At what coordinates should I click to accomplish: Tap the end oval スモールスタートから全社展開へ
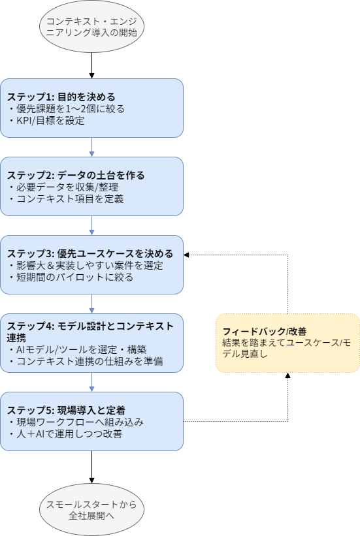tap(91, 509)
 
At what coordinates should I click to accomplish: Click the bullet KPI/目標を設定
tap(46, 120)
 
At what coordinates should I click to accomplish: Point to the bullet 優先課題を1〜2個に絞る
tap(66, 109)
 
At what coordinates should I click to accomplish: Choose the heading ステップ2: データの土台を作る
tap(76, 176)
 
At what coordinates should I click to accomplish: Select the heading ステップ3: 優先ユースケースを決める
tap(90, 254)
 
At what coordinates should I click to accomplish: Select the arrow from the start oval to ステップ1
tap(91, 65)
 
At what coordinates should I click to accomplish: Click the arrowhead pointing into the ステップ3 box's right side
tap(187, 255)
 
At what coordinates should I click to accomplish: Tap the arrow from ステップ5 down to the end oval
tap(91, 467)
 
